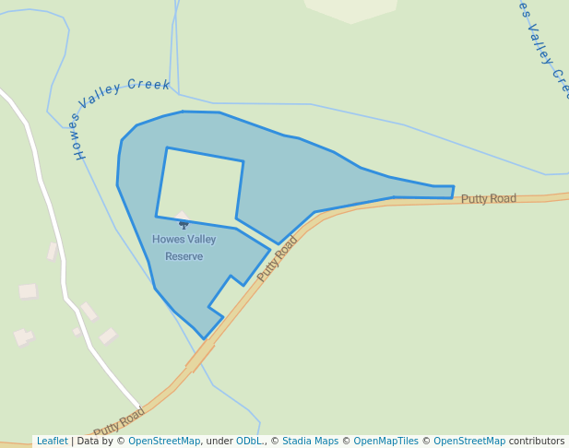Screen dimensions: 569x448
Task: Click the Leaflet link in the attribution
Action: [x=52, y=442]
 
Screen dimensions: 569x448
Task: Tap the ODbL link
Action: [x=249, y=442]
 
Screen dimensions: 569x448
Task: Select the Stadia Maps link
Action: [x=310, y=442]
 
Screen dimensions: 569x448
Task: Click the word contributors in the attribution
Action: [x=537, y=442]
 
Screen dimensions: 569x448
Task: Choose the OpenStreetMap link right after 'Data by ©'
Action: [x=164, y=442]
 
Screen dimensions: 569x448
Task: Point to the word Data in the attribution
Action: [x=88, y=442]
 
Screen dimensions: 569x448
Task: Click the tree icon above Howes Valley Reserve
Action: [x=184, y=224]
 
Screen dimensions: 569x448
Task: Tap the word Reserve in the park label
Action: [x=184, y=256]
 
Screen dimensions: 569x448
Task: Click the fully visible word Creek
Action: [x=148, y=85]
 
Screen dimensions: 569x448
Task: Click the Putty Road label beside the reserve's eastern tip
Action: [x=489, y=198]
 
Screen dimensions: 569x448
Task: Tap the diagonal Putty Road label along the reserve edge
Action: [x=278, y=259]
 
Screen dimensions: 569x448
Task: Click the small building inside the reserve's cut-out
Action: [x=182, y=217]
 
